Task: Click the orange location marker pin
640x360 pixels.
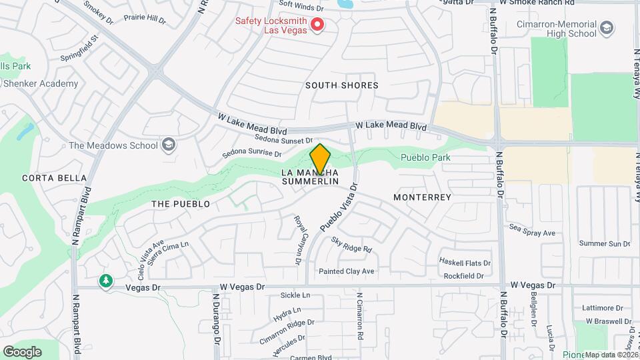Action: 320,159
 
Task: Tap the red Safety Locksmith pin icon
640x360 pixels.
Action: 318,25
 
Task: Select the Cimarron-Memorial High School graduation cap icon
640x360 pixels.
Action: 606,29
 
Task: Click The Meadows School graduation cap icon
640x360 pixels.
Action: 169,145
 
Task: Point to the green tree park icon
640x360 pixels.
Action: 105,281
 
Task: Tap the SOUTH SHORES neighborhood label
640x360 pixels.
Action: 341,85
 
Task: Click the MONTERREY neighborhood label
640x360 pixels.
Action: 422,197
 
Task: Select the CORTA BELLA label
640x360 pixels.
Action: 54,178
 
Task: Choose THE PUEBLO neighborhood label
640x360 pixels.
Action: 181,204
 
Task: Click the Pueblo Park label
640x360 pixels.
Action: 425,158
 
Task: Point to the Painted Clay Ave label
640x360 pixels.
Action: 346,271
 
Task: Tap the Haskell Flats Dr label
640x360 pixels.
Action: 465,263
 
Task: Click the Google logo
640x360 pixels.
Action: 22,351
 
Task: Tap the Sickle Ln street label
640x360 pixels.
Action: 295,295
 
